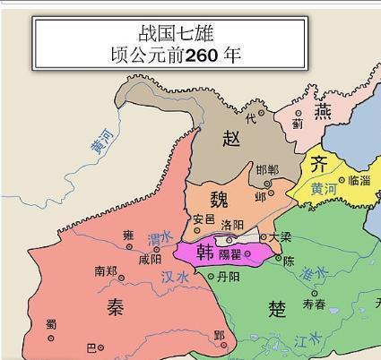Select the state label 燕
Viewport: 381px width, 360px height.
coord(322,112)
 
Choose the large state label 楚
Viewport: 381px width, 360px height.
coord(278,309)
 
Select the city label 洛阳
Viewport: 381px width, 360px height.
coord(231,226)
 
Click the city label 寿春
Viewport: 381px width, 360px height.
coord(314,304)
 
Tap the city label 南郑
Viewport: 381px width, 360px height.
coord(106,270)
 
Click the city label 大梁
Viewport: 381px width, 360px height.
coord(281,237)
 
